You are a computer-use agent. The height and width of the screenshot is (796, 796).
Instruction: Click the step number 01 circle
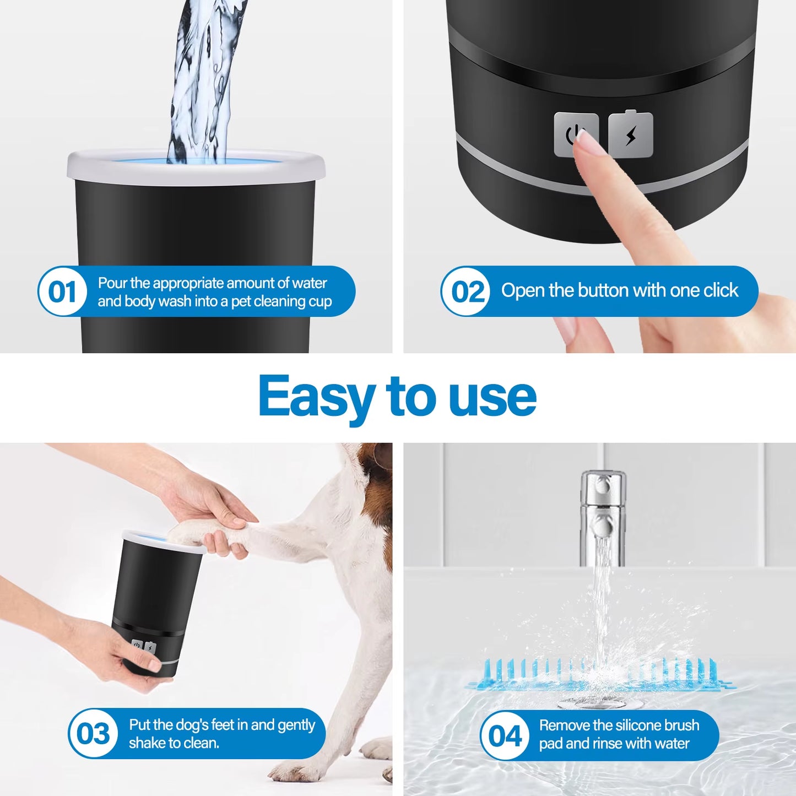tap(62, 291)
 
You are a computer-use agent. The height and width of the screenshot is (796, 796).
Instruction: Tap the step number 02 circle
tap(466, 291)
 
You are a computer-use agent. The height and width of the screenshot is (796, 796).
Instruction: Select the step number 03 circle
tap(93, 734)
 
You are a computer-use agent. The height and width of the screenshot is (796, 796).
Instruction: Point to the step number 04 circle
tap(505, 736)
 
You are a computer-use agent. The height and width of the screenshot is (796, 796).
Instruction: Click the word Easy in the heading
tap(316, 397)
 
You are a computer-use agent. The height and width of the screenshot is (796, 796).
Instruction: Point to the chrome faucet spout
tap(603, 512)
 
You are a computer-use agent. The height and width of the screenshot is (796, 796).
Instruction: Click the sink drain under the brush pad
tap(600, 702)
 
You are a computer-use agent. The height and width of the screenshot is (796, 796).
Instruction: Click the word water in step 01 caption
tap(310, 283)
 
